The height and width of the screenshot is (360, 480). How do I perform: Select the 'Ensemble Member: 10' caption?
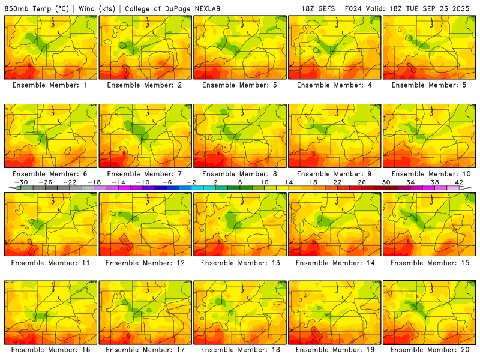430,173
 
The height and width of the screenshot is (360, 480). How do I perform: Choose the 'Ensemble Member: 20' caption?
430,349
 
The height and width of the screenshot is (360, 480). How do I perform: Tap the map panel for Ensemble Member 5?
430,47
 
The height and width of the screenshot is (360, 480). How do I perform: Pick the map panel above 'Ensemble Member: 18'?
240,313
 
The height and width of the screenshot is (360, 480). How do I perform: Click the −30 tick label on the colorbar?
21,182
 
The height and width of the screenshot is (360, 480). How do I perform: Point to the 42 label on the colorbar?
459,182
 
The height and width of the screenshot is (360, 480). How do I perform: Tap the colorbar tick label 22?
337,182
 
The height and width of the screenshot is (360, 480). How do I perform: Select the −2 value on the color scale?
191,182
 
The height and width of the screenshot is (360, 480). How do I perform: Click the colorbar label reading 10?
264,182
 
